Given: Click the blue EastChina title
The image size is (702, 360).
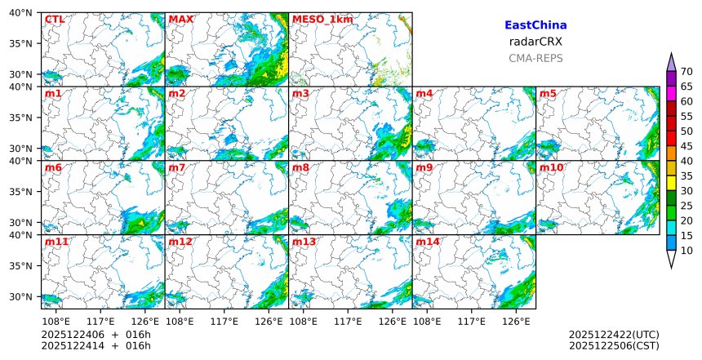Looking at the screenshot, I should click(x=535, y=25).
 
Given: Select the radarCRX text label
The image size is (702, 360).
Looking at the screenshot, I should click(x=535, y=42).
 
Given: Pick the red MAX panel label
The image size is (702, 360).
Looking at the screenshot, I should click(x=181, y=20).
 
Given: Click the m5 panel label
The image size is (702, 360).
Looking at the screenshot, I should click(x=548, y=94).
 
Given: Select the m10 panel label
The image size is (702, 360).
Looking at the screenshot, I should click(x=551, y=168).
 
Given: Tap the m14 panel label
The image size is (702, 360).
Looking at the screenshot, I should click(x=428, y=242).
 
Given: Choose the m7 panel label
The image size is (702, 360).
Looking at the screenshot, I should click(x=177, y=168).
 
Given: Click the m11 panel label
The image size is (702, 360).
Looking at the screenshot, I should click(x=56, y=242).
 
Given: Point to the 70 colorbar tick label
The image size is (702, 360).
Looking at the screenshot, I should click(x=686, y=72).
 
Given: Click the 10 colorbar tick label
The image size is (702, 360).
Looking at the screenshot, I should click(x=686, y=251).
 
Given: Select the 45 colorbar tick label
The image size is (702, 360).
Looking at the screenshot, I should click(x=686, y=146).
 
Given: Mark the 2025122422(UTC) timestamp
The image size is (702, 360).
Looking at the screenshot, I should click(x=614, y=335).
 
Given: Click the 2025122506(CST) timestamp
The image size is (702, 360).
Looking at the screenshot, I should click(x=614, y=346).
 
